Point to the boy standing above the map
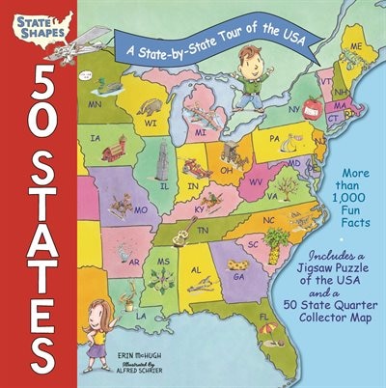pos(254,73)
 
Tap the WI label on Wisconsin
pos(152,123)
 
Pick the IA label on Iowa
pos(96,138)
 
